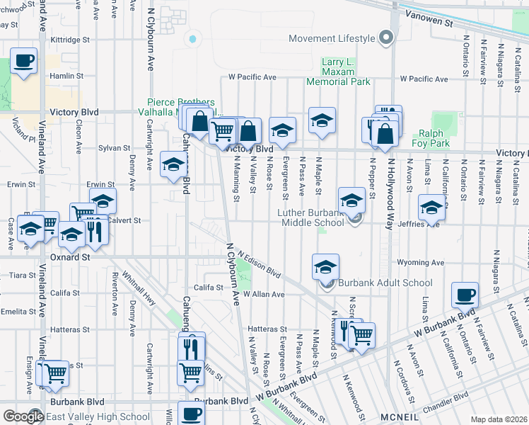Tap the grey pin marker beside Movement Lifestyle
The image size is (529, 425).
(x=385, y=37)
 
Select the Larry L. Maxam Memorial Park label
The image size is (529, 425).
(x=337, y=72)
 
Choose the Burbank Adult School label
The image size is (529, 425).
(x=385, y=283)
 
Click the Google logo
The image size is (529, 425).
(x=23, y=416)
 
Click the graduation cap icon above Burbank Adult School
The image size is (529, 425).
(x=325, y=267)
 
